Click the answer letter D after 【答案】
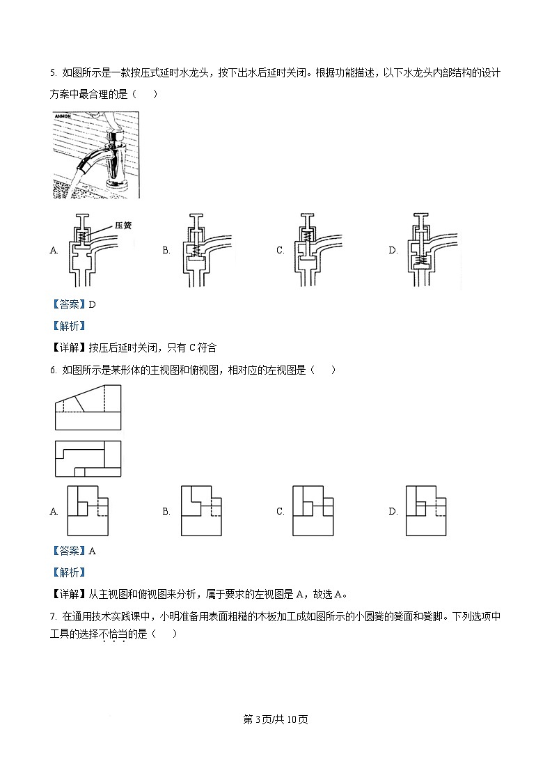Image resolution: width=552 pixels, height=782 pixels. tap(92, 304)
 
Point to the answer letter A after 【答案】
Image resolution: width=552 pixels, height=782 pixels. tap(92, 551)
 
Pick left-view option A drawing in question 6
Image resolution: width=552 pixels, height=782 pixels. tap(88, 510)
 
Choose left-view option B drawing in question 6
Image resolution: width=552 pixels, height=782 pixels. tap(200, 510)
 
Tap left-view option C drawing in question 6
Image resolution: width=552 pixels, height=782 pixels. tap(313, 510)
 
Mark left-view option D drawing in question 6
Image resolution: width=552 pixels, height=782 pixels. tap(427, 510)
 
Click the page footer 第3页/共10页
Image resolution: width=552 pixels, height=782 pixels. tap(276, 719)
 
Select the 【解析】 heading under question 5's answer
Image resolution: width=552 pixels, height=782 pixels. tap(69, 326)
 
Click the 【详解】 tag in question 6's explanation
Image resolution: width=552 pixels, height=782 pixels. tap(69, 594)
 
